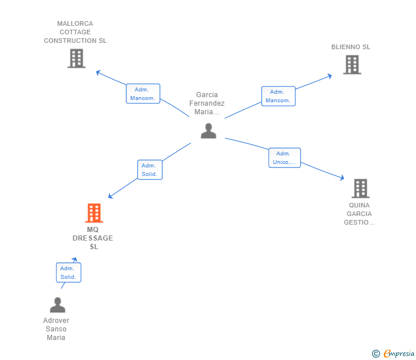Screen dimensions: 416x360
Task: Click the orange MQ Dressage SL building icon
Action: [x=94, y=213]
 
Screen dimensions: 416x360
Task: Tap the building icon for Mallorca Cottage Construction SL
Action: [x=77, y=58]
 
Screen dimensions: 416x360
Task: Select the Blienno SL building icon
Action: [x=352, y=65]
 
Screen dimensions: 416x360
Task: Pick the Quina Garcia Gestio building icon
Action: [x=361, y=189]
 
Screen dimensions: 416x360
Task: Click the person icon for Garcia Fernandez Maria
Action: [x=209, y=131]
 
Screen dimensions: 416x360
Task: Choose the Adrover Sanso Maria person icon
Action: [x=58, y=305]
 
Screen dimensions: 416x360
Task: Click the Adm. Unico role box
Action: [x=285, y=158]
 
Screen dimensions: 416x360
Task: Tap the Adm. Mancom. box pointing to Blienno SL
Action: [x=278, y=96]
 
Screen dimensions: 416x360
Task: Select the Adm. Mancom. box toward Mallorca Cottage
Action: [x=143, y=94]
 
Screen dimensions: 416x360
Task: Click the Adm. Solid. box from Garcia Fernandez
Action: [x=150, y=170]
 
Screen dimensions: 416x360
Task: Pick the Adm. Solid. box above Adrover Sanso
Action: [x=69, y=273]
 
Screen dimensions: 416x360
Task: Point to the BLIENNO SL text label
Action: [x=351, y=47]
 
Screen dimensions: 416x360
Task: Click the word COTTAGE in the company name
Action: [x=75, y=32]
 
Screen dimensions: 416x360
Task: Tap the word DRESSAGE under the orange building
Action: [x=93, y=238]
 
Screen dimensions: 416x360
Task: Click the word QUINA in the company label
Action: [x=359, y=205]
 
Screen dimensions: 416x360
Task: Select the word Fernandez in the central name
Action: [x=207, y=103]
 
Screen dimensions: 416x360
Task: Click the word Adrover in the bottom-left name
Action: [x=56, y=321]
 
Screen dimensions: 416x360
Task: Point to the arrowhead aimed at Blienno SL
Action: [x=330, y=76]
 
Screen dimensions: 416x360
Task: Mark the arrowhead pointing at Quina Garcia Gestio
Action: [x=342, y=178]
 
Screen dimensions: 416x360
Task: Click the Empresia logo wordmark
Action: [x=399, y=353]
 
